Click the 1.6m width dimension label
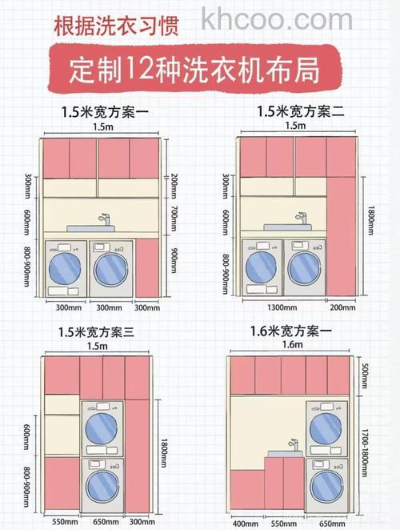(x=294, y=345)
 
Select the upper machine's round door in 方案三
(x=102, y=428)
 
